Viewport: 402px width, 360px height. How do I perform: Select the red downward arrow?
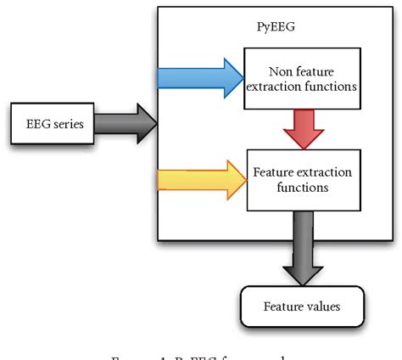[299, 127]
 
